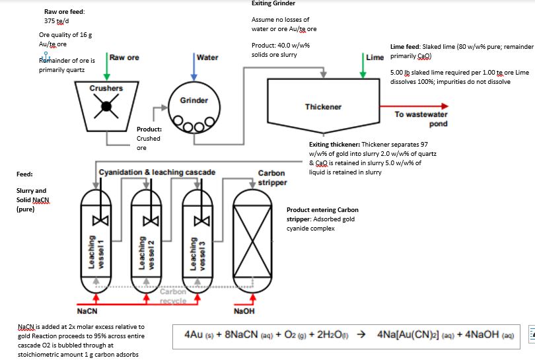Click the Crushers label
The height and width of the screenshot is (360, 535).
point(106,88)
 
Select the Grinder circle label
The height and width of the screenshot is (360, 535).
point(194,100)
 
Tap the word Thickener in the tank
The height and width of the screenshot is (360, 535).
point(323,106)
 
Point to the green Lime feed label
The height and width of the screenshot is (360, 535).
point(374,57)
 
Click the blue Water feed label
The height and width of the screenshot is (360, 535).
point(207,57)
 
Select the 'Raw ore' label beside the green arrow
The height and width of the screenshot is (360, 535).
point(124,57)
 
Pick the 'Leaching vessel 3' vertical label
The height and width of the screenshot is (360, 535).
point(196,251)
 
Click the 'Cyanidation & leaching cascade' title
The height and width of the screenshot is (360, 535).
point(157,172)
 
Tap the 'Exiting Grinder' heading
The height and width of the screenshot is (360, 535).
point(273,3)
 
